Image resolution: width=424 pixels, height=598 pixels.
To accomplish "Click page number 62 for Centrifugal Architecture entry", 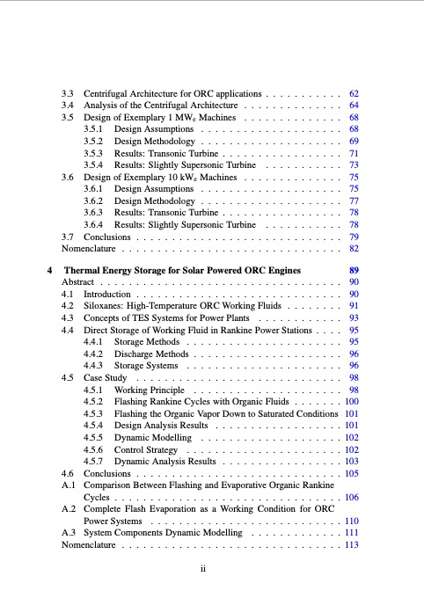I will click(355, 92).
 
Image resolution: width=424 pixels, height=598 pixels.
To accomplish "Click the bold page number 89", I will click(355, 269).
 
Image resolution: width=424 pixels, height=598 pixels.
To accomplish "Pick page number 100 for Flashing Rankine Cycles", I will click(352, 401).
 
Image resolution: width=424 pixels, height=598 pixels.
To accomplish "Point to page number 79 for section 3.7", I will click(355, 237).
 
